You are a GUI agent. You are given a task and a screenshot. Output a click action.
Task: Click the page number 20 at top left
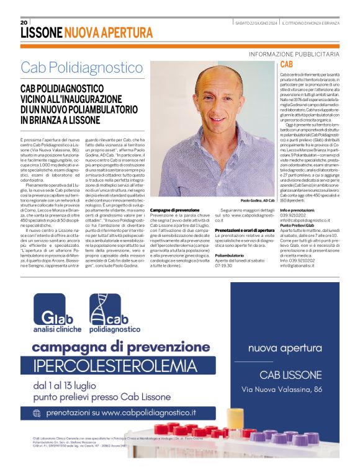pos(24,22)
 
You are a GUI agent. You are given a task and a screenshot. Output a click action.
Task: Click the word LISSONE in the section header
pos(41,33)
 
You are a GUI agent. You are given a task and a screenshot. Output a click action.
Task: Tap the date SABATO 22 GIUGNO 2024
pos(256,23)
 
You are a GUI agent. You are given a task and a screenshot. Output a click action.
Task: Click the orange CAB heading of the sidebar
pos(287,64)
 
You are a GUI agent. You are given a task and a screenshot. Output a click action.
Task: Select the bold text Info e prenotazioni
pos(301,211)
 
